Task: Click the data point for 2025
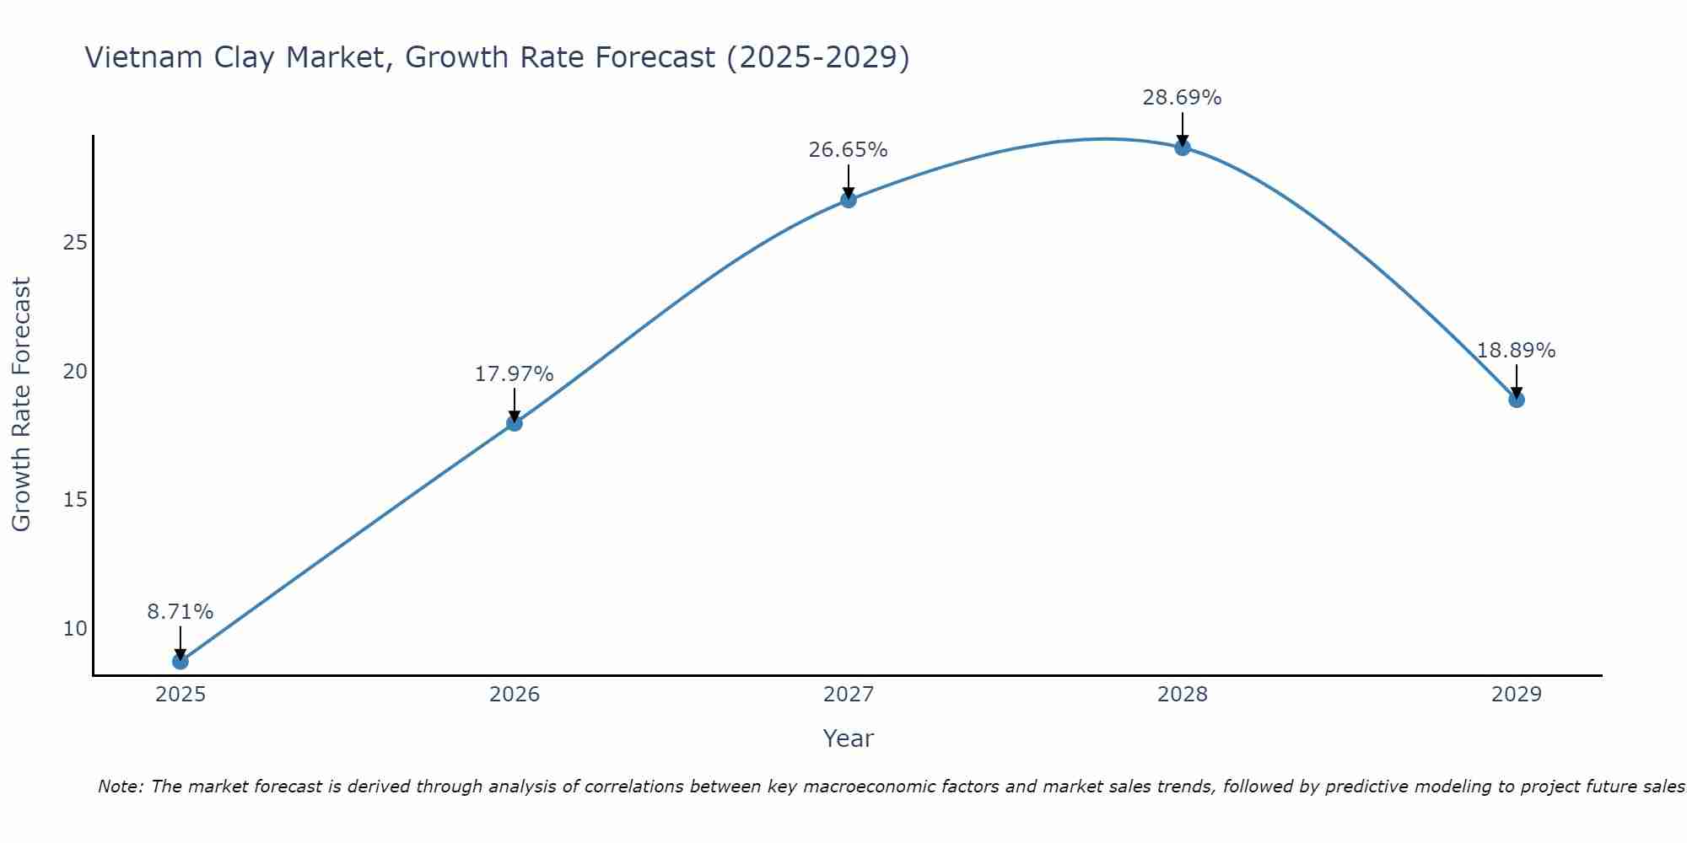pos(180,662)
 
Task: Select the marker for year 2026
pos(515,423)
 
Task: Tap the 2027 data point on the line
pos(849,200)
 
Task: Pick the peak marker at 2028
pos(1183,148)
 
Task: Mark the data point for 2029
pos(1517,400)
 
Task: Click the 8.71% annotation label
pos(180,612)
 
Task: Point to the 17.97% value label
pos(514,374)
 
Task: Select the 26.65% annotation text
pos(848,150)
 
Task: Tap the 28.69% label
pos(1182,98)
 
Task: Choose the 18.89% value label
pos(1516,351)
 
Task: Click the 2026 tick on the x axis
pos(515,695)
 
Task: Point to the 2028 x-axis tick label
pos(1183,695)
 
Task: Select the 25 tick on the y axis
pos(75,243)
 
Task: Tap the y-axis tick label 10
pos(75,629)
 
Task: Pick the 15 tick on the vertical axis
pos(75,500)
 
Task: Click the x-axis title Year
pos(848,738)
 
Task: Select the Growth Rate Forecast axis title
pos(21,405)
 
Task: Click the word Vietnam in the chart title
pos(138,57)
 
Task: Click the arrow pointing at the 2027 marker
pos(849,181)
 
